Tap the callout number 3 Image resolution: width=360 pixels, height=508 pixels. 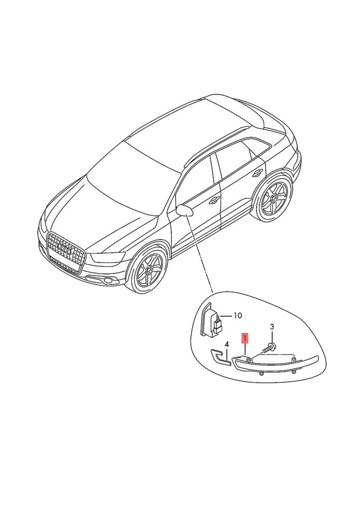click(x=272, y=327)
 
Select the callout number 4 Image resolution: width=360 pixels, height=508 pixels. click(x=227, y=344)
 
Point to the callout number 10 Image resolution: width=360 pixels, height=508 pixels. click(x=237, y=315)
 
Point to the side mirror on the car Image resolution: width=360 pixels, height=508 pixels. click(x=185, y=210)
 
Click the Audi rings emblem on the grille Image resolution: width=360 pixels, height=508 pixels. click(x=64, y=248)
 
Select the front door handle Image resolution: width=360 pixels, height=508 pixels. click(x=214, y=200)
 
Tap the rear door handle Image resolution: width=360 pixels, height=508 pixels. click(x=258, y=173)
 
